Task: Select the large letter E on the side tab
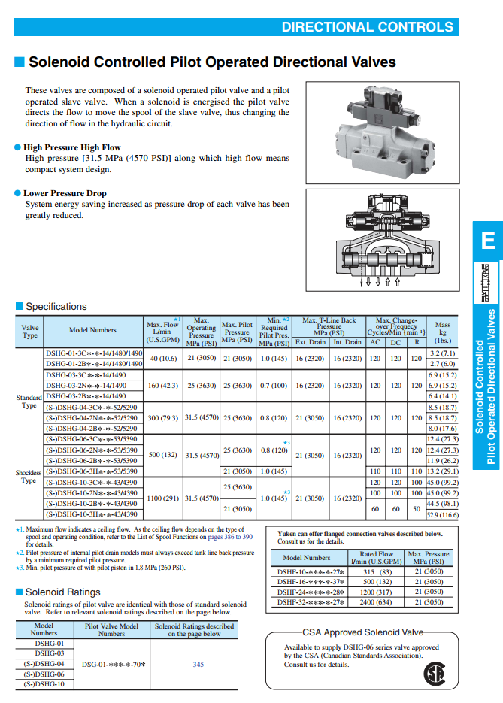coord(488,241)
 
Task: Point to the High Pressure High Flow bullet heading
coord(71,147)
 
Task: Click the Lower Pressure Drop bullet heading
coord(65,193)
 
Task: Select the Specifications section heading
coord(56,306)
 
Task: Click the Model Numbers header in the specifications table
coord(92,330)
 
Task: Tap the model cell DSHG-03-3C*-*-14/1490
coord(86,374)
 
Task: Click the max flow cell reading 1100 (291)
coord(162,498)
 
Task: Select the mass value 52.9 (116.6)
coord(442,515)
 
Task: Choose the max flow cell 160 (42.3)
coord(162,386)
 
